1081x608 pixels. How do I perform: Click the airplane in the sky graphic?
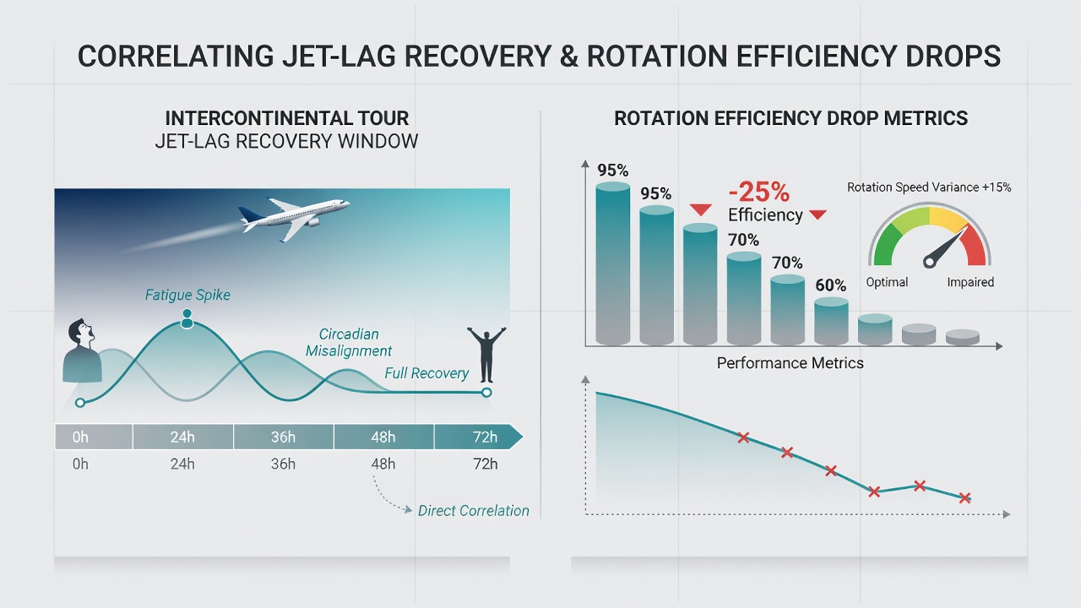point(295,217)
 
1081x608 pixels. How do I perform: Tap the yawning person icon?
point(82,350)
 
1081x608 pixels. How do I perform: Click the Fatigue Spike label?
point(187,295)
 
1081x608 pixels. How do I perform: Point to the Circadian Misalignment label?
point(349,342)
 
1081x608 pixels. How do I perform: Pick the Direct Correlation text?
point(474,511)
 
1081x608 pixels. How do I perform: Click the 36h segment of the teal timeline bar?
point(283,437)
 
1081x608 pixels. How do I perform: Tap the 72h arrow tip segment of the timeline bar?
point(478,437)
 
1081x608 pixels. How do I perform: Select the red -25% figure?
point(758,192)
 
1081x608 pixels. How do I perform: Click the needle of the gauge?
point(946,246)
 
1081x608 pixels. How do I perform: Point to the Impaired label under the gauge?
point(970,282)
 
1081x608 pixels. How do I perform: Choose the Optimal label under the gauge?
point(887,282)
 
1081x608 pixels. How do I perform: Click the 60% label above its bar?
point(830,285)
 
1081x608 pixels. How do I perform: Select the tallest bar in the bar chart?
point(613,263)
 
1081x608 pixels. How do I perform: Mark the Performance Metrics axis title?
point(790,363)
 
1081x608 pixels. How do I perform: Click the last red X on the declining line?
point(964,498)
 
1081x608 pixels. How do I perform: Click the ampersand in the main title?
point(569,56)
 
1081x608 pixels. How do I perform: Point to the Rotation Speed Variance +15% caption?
point(929,187)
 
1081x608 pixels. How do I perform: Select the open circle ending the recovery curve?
point(486,393)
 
